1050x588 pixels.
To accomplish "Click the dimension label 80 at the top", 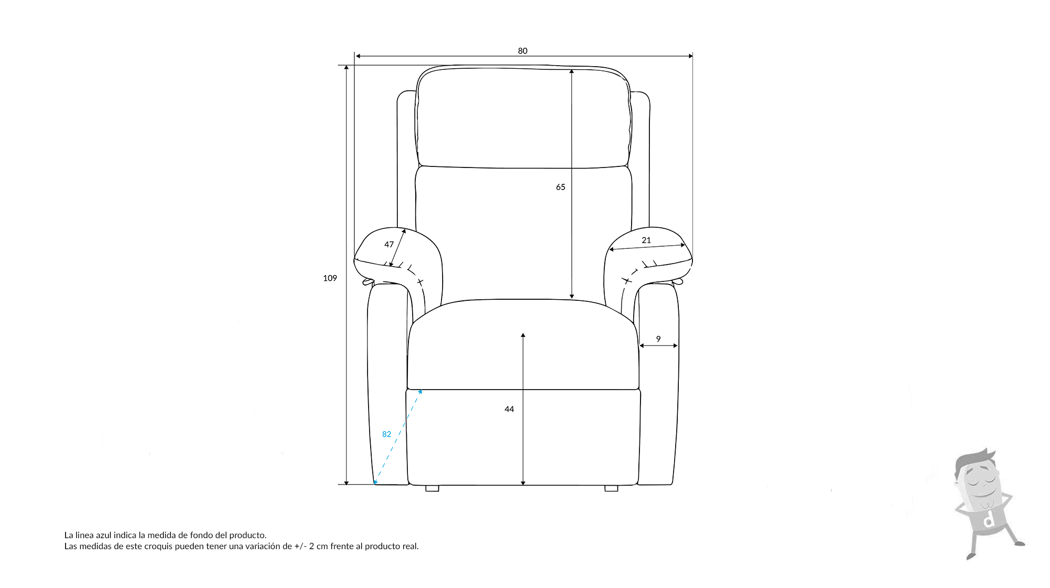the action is click(x=522, y=51).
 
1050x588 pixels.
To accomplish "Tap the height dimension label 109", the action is click(x=330, y=278).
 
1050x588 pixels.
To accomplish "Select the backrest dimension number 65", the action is click(x=561, y=187).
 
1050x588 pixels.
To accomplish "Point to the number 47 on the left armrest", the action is click(x=389, y=244).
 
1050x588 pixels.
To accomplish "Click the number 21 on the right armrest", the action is click(x=646, y=240).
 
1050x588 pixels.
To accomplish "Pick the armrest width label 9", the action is click(x=658, y=339).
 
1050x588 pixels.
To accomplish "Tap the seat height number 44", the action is click(x=509, y=409).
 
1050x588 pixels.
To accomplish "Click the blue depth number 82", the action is click(x=387, y=434).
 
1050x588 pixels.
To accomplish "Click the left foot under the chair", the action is click(x=432, y=488).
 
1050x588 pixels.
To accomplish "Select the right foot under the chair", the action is click(x=611, y=488).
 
